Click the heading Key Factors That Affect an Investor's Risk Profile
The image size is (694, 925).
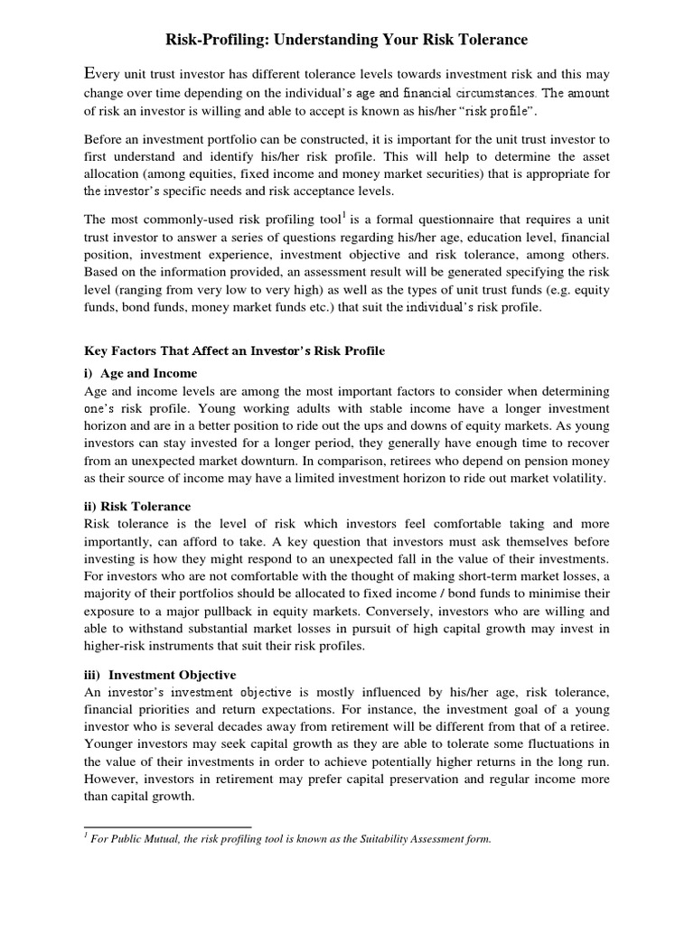(234, 350)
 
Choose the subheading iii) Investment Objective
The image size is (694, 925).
(159, 675)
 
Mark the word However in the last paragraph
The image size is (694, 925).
(110, 781)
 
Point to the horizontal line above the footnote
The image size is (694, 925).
(167, 826)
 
